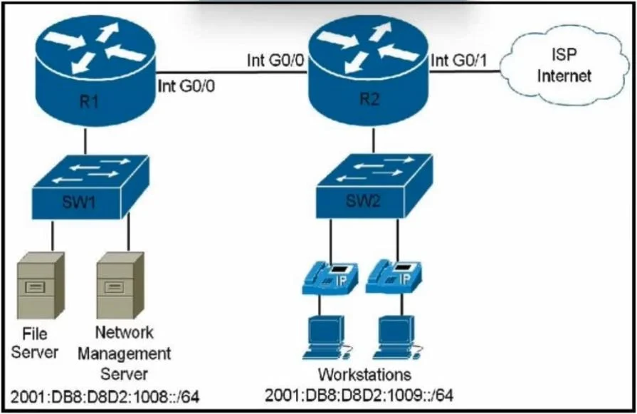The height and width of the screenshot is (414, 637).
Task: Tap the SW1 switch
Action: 90,187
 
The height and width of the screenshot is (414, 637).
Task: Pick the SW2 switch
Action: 374,186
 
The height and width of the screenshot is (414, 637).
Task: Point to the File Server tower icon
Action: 41,286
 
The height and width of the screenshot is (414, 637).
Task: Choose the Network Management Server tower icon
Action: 120,286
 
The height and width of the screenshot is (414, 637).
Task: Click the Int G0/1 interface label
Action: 458,61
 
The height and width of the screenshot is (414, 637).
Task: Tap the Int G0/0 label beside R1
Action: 186,86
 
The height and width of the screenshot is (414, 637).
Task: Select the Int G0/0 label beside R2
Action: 275,61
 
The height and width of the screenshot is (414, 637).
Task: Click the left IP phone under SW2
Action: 330,278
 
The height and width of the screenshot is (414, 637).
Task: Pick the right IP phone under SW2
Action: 394,278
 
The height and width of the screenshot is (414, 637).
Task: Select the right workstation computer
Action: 398,338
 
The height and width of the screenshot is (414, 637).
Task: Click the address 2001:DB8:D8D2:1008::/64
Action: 105,397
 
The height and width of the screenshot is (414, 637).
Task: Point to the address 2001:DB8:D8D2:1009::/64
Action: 359,395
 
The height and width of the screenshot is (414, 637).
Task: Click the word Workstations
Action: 364,374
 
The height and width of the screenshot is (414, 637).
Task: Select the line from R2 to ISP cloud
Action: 464,71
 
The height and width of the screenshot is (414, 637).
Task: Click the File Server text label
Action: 35,343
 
